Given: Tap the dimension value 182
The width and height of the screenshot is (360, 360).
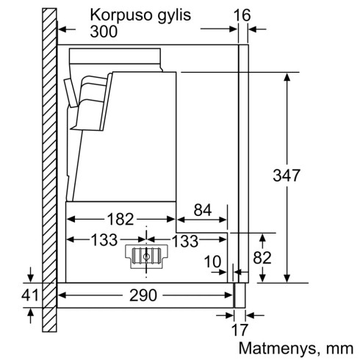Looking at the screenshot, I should click(118, 219).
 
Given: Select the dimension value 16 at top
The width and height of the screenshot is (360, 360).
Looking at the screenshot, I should click(242, 14).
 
